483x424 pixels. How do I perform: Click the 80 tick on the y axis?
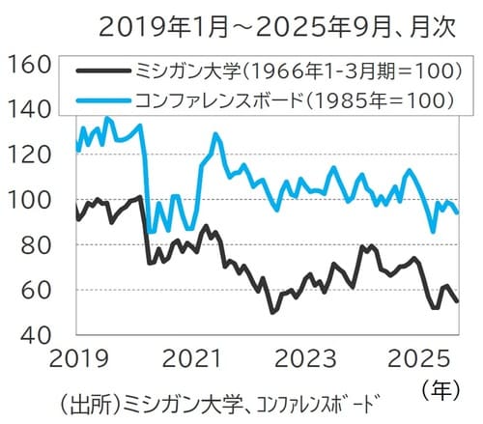[x=36, y=245]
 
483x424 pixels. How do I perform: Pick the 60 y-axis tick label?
[x=36, y=290]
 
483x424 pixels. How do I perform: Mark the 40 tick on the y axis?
[x=36, y=335]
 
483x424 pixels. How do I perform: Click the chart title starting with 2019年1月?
[x=281, y=27]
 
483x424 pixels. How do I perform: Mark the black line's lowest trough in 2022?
[x=272, y=312]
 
